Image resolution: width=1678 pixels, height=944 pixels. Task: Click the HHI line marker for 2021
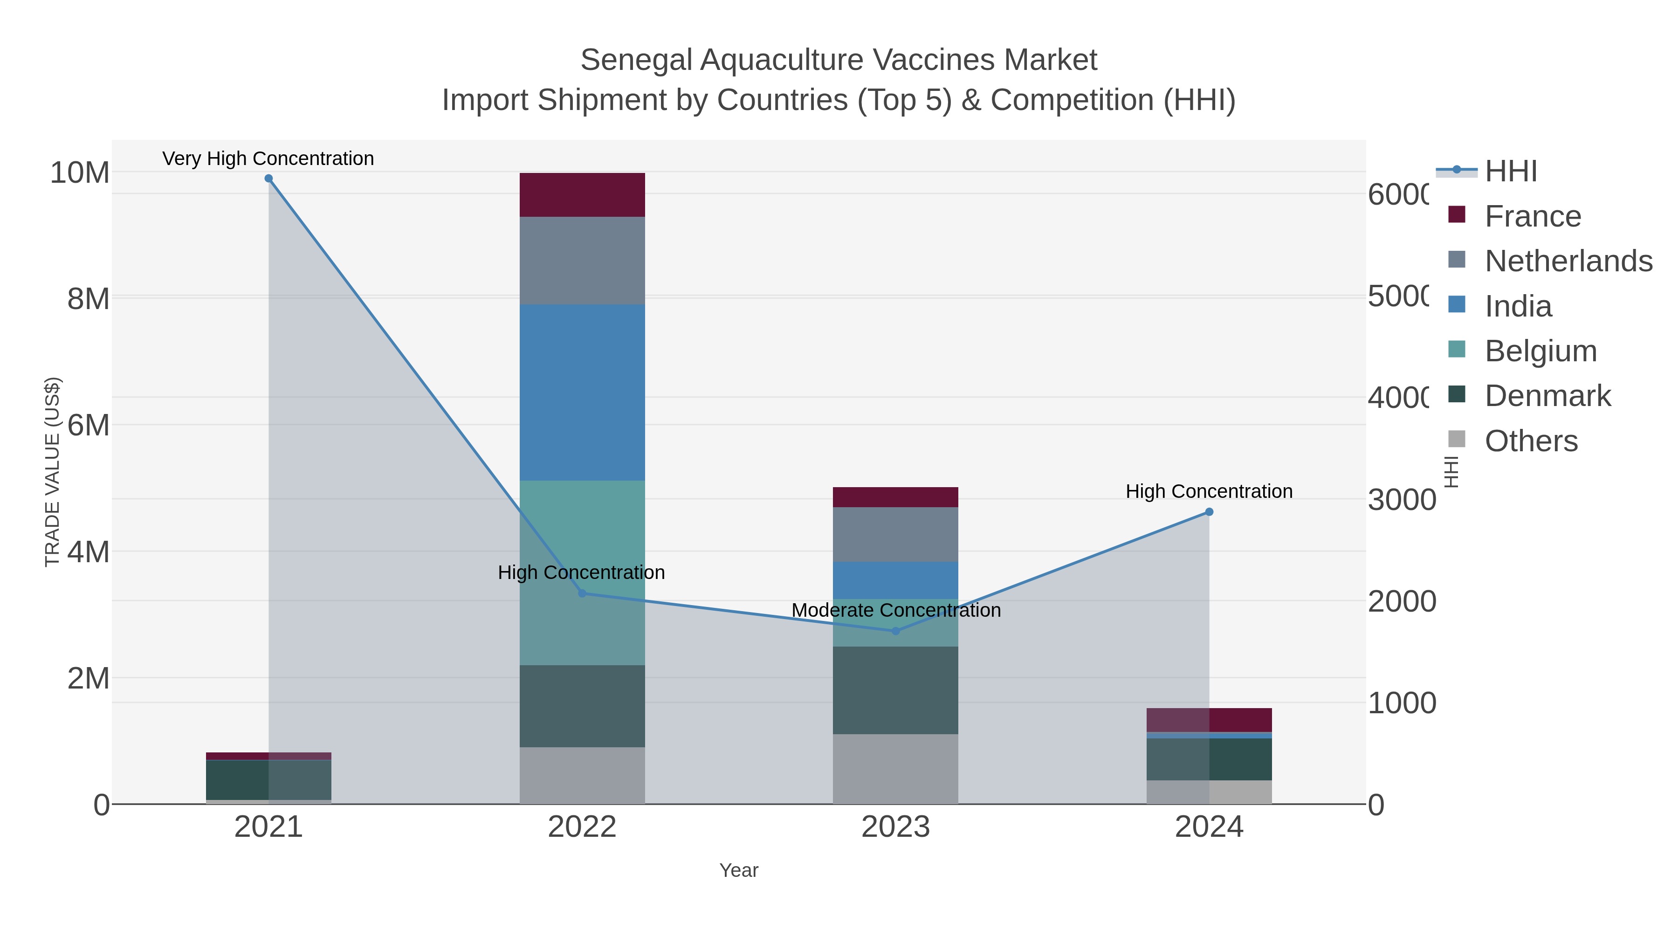pyautogui.click(x=268, y=179)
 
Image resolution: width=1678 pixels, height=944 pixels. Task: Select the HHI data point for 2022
pyautogui.click(x=582, y=593)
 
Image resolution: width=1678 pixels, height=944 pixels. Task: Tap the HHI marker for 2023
pyautogui.click(x=896, y=631)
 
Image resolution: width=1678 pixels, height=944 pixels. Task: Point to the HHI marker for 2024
pyautogui.click(x=1209, y=512)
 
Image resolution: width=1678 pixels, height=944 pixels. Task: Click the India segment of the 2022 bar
pyautogui.click(x=582, y=392)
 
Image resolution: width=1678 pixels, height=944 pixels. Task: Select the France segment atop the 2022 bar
pyautogui.click(x=582, y=195)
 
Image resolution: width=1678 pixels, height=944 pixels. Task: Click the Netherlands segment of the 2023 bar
pyautogui.click(x=896, y=534)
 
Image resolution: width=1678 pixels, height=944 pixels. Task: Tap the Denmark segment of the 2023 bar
pyautogui.click(x=896, y=690)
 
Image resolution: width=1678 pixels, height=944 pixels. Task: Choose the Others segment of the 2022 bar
pyautogui.click(x=582, y=775)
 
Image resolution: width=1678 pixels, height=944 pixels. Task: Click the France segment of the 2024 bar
pyautogui.click(x=1209, y=720)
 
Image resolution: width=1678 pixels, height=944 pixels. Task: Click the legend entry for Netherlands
pyautogui.click(x=1568, y=261)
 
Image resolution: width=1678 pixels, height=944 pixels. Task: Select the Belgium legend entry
pyautogui.click(x=1540, y=351)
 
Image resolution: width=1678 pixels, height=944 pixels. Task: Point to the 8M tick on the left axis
pyautogui.click(x=89, y=299)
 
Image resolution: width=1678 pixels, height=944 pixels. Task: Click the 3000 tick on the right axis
pyautogui.click(x=1401, y=500)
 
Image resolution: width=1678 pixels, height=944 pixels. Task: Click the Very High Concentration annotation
pyautogui.click(x=268, y=158)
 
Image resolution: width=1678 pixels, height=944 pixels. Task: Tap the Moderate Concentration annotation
pyautogui.click(x=896, y=610)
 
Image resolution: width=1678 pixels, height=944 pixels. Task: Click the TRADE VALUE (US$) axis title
pyautogui.click(x=52, y=472)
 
